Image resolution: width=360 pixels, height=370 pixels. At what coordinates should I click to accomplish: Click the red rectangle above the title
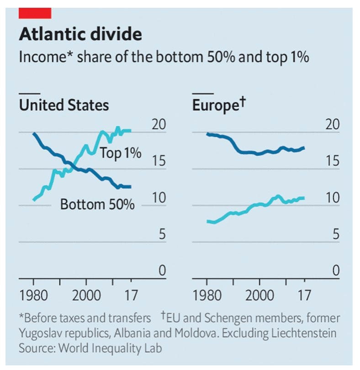[34, 13]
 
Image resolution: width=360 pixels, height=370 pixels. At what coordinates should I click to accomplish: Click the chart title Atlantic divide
[80, 35]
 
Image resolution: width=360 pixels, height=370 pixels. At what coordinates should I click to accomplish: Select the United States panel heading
[64, 106]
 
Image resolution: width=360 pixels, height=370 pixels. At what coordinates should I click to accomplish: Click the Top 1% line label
[121, 153]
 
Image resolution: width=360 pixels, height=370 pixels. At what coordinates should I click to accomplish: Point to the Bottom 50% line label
[97, 204]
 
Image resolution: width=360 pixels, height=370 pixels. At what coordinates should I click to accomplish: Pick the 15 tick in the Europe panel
[333, 161]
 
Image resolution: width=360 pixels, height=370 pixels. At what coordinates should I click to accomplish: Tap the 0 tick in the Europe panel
[336, 271]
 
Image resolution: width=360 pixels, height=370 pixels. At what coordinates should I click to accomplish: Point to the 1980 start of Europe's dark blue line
[207, 134]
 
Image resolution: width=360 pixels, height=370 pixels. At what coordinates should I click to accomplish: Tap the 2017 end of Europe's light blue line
[303, 198]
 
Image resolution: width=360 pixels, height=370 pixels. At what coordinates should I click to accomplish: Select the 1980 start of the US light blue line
[34, 200]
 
